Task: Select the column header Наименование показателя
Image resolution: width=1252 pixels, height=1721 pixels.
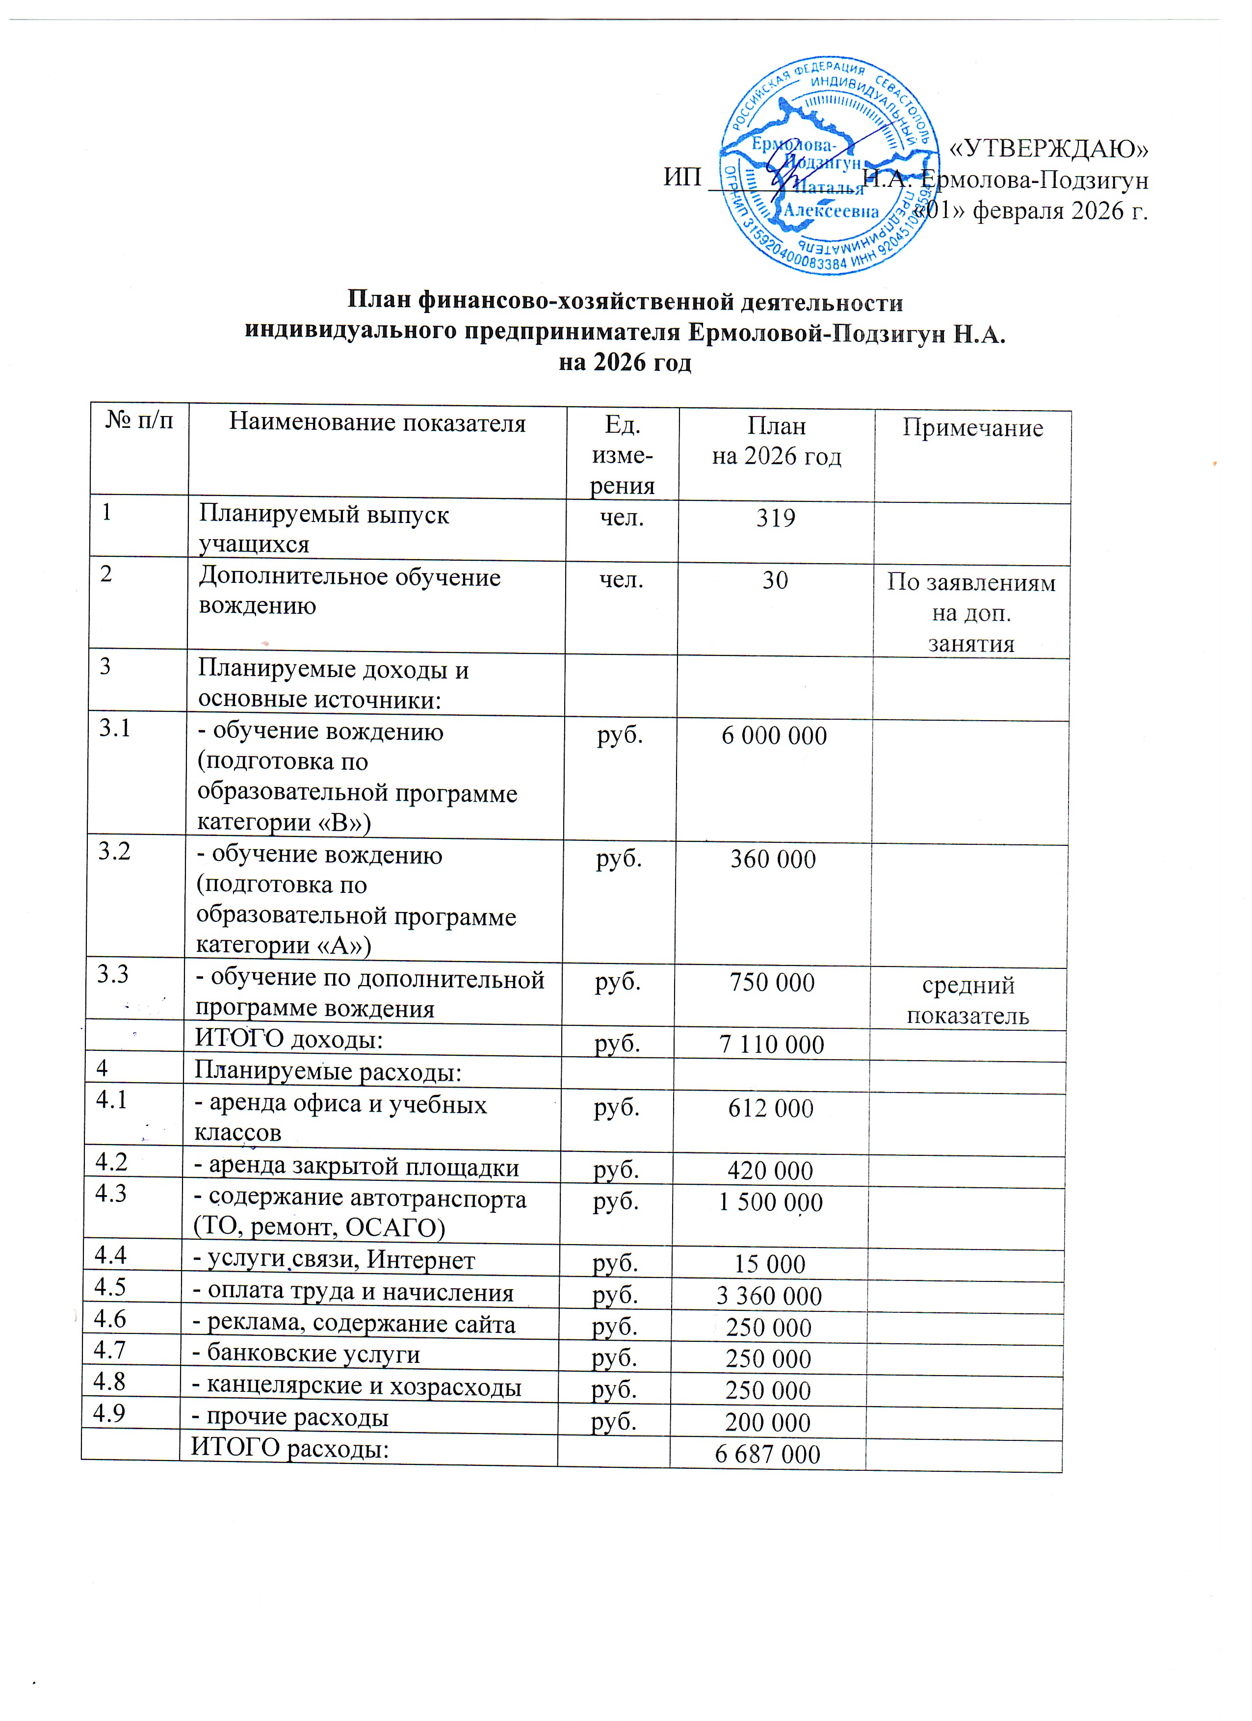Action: pyautogui.click(x=377, y=423)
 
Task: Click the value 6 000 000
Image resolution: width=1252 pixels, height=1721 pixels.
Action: pyautogui.click(x=774, y=735)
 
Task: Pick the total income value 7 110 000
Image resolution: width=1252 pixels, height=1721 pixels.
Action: pyautogui.click(x=771, y=1045)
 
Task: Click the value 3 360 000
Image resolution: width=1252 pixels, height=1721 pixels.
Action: pyautogui.click(x=769, y=1297)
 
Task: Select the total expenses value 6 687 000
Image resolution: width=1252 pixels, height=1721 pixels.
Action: pyautogui.click(x=767, y=1455)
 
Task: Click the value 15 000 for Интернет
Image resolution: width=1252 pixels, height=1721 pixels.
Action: pyautogui.click(x=769, y=1264)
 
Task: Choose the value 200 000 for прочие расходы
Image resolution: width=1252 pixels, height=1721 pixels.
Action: pyautogui.click(x=767, y=1423)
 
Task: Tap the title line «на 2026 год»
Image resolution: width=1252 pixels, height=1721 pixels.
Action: pyautogui.click(x=625, y=363)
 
